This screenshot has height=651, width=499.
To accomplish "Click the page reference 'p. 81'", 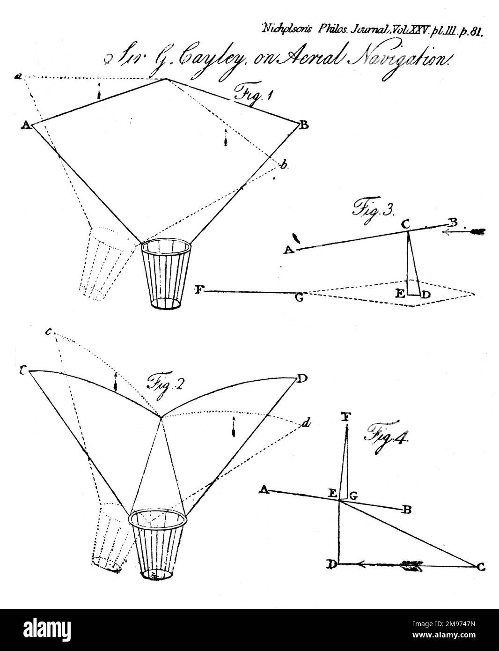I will click(x=470, y=31).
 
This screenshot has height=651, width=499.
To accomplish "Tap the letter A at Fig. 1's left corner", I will click(x=26, y=125).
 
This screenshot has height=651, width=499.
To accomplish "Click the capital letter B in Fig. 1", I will click(x=304, y=125).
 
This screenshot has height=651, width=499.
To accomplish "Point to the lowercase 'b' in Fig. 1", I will click(x=284, y=164).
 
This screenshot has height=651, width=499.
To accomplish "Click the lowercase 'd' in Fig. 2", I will click(x=306, y=424).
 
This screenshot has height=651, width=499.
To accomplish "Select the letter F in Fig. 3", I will click(x=198, y=290).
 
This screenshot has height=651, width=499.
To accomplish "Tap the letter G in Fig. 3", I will click(x=299, y=297).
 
